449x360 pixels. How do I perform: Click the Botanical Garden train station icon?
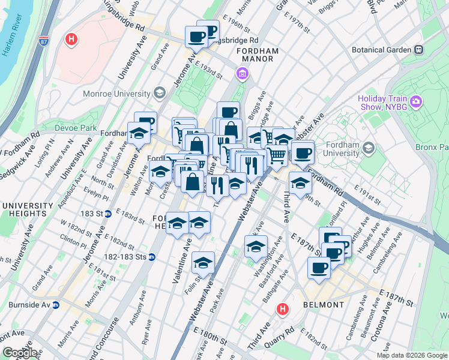tap(419, 50)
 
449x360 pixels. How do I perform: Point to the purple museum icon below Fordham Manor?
tap(243, 74)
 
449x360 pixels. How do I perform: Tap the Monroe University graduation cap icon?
tap(159, 93)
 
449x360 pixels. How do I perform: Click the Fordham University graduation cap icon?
tap(369, 148)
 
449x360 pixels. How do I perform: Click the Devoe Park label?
tap(76, 128)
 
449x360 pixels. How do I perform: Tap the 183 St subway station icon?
tap(108, 213)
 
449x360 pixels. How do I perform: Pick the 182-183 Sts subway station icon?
tap(152, 257)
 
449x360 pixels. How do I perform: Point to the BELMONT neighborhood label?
tap(324, 305)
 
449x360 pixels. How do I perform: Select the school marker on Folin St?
tap(203, 263)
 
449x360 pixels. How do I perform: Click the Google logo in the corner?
tap(19, 353)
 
